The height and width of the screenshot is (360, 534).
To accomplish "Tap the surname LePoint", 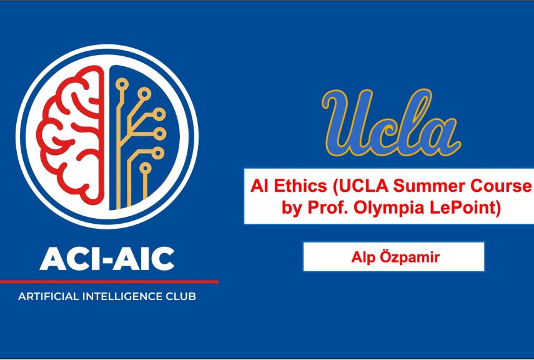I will pyautogui.click(x=465, y=207).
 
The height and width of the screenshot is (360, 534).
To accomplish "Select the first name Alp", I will pyautogui.click(x=362, y=257).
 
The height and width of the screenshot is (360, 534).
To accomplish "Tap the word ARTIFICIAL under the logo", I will pyautogui.click(x=49, y=296).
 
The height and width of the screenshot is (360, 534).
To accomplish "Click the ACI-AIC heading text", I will pyautogui.click(x=107, y=257).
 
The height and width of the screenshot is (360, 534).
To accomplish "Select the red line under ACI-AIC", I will pyautogui.click(x=109, y=282).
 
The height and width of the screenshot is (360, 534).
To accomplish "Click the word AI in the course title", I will pyautogui.click(x=259, y=185).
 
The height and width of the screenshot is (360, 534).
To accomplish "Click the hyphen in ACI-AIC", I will pyautogui.click(x=108, y=259).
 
